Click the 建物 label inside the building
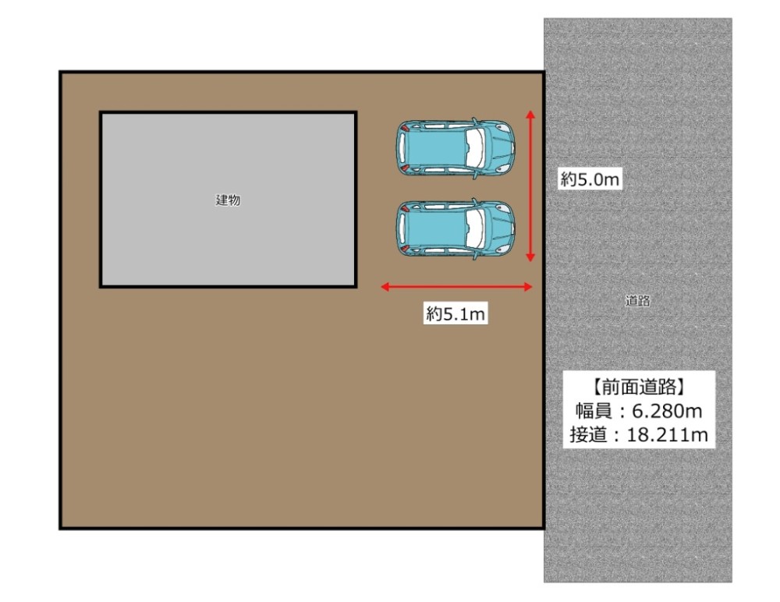[x=228, y=200]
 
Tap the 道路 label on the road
[x=638, y=301]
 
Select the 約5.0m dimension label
[x=590, y=179]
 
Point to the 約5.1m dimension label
[x=456, y=314]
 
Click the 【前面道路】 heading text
[x=639, y=385]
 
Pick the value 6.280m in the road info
[x=665, y=410]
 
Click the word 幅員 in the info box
[x=589, y=410]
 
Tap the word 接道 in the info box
[x=589, y=435]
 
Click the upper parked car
[x=456, y=148]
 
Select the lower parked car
[x=456, y=229]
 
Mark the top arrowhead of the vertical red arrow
[x=530, y=114]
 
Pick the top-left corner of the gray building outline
[x=101, y=114]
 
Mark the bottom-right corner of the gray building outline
[x=355, y=286]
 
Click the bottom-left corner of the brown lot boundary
[x=62, y=528]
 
